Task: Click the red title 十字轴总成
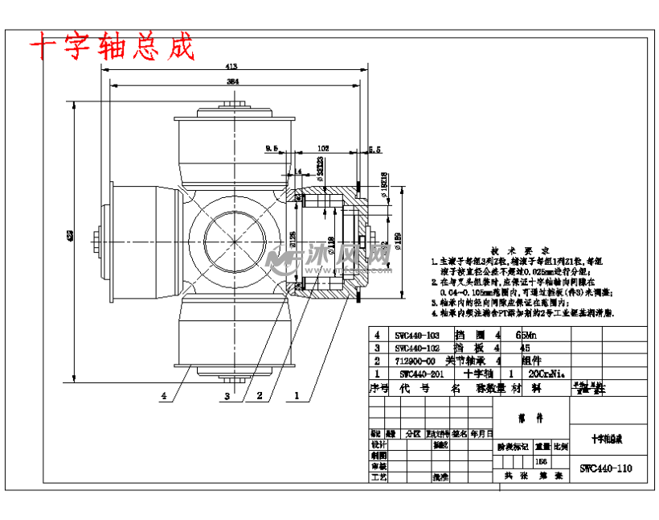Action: point(112,47)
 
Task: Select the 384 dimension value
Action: point(231,82)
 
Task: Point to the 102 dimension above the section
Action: point(323,148)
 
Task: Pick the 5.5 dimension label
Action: point(375,148)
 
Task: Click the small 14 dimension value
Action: point(298,171)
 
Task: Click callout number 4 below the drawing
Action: point(164,396)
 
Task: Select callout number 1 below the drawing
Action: point(297,396)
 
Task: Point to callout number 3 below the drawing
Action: point(227,396)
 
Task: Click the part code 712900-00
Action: point(419,361)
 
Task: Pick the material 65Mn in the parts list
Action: point(531,334)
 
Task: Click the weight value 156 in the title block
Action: point(541,461)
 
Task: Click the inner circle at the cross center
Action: point(235,243)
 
